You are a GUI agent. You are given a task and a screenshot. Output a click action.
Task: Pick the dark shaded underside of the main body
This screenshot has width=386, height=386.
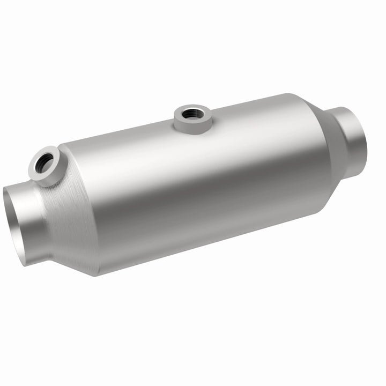coord(204,236)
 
